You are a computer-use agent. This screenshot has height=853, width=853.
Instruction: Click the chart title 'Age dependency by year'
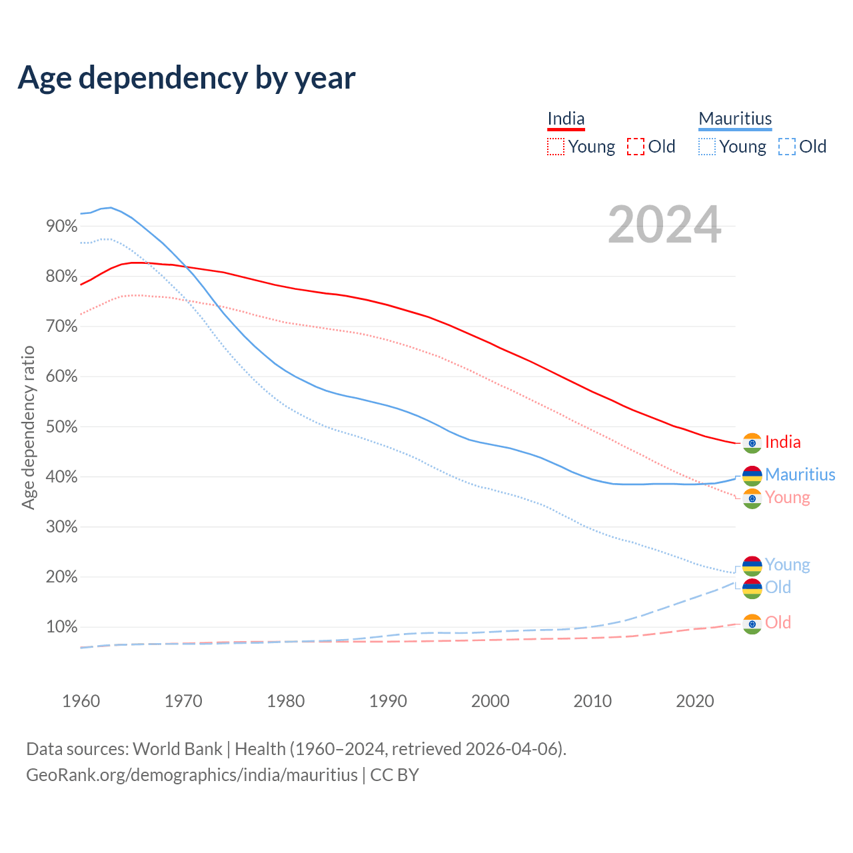pos(187,77)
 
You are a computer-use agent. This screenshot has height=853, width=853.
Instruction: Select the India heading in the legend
pos(566,119)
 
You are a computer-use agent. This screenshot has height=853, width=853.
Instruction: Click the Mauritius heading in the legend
pos(735,119)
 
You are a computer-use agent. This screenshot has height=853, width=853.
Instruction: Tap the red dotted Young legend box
pos(556,147)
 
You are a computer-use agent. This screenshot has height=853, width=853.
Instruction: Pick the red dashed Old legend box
pos(636,147)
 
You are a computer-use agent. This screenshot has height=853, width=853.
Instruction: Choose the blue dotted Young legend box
pos(707,147)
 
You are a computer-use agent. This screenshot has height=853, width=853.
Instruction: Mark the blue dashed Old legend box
pos(787,147)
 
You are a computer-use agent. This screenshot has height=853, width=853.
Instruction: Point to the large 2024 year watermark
pos(664,225)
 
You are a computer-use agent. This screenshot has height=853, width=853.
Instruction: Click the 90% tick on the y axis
pos(62,226)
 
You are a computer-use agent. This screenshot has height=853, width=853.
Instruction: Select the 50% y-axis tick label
pos(62,426)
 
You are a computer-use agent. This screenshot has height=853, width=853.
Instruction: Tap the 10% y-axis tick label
pos(62,627)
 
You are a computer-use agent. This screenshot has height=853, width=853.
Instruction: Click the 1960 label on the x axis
pos(81,701)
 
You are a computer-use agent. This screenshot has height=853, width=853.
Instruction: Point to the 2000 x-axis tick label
pos(490,701)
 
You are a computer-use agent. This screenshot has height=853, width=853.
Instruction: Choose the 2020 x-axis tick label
pos(695,701)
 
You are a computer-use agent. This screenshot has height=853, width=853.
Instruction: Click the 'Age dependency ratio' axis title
pos(28,427)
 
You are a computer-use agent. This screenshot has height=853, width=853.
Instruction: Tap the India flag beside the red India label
pos(752,442)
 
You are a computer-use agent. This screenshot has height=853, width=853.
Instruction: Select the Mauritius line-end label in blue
pos(800,474)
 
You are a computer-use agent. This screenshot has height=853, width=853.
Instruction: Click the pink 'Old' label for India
pos(778,622)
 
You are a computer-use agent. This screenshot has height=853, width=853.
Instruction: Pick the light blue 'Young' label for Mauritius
pos(787,564)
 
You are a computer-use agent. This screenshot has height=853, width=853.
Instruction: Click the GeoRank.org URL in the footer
pos(192,775)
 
